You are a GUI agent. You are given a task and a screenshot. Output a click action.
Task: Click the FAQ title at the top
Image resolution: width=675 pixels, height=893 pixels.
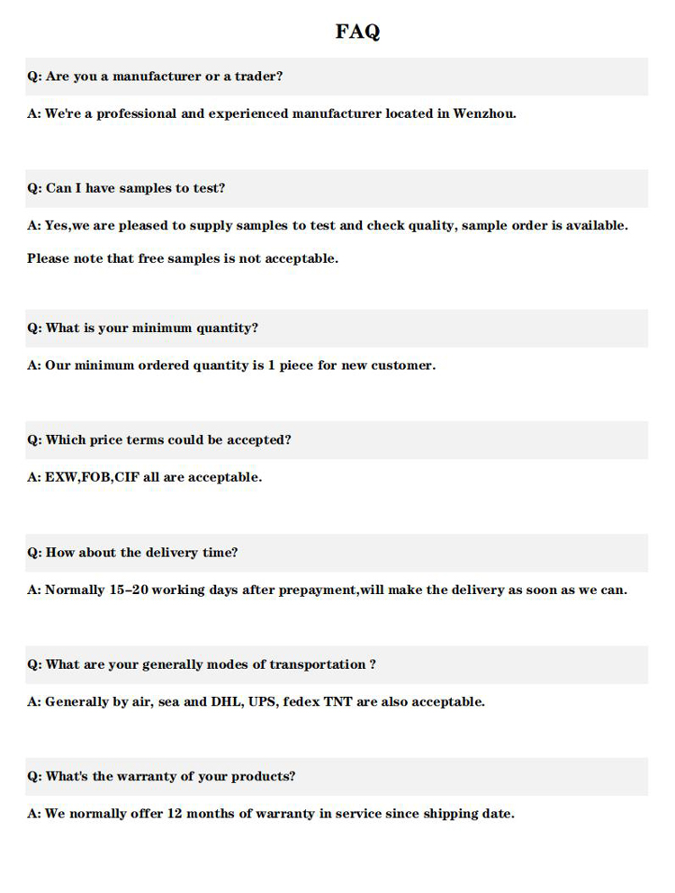[x=357, y=32]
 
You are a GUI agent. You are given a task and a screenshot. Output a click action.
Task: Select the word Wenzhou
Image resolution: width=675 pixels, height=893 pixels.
[x=484, y=113]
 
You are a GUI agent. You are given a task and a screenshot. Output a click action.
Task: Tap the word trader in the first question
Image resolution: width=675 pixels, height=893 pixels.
[x=258, y=77]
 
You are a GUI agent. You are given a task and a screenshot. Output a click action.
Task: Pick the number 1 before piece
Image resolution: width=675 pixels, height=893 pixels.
[x=271, y=365]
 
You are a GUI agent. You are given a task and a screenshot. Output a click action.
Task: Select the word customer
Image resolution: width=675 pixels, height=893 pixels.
[x=402, y=365]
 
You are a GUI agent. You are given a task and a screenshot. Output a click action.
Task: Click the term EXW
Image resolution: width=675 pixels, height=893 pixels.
[x=61, y=477]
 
